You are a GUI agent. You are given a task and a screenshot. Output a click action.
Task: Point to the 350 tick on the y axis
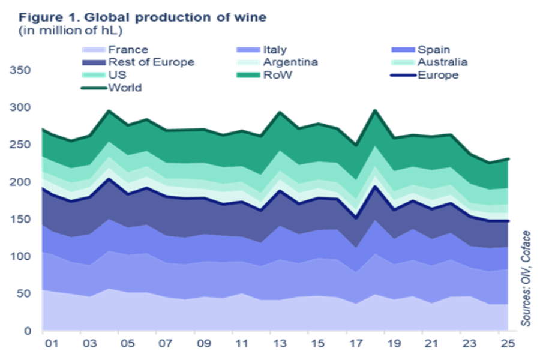click(19, 70)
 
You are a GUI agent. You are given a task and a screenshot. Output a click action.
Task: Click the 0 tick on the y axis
click(28, 331)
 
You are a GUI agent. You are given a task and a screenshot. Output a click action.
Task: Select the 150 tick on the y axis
click(19, 219)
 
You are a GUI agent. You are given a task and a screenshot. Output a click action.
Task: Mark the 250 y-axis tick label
click(19, 145)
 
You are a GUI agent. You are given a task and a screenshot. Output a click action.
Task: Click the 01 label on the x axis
click(52, 344)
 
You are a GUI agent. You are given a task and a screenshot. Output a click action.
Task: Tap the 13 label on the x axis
click(280, 344)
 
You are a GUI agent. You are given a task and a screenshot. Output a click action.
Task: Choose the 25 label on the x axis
click(508, 344)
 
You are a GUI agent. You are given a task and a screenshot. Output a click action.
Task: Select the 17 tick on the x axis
click(356, 344)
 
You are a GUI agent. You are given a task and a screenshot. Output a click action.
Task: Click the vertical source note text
click(526, 277)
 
